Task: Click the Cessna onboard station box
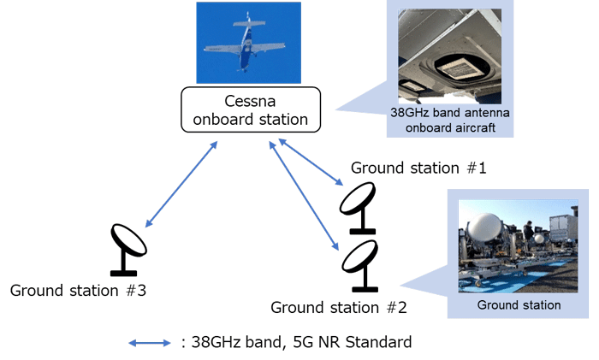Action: [250, 109]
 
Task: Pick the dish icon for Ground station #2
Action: [359, 262]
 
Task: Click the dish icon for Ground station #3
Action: [129, 247]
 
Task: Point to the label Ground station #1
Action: [418, 168]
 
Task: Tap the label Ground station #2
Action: [338, 306]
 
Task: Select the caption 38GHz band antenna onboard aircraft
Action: [449, 119]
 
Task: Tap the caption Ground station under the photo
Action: [519, 304]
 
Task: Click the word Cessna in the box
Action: [250, 100]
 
